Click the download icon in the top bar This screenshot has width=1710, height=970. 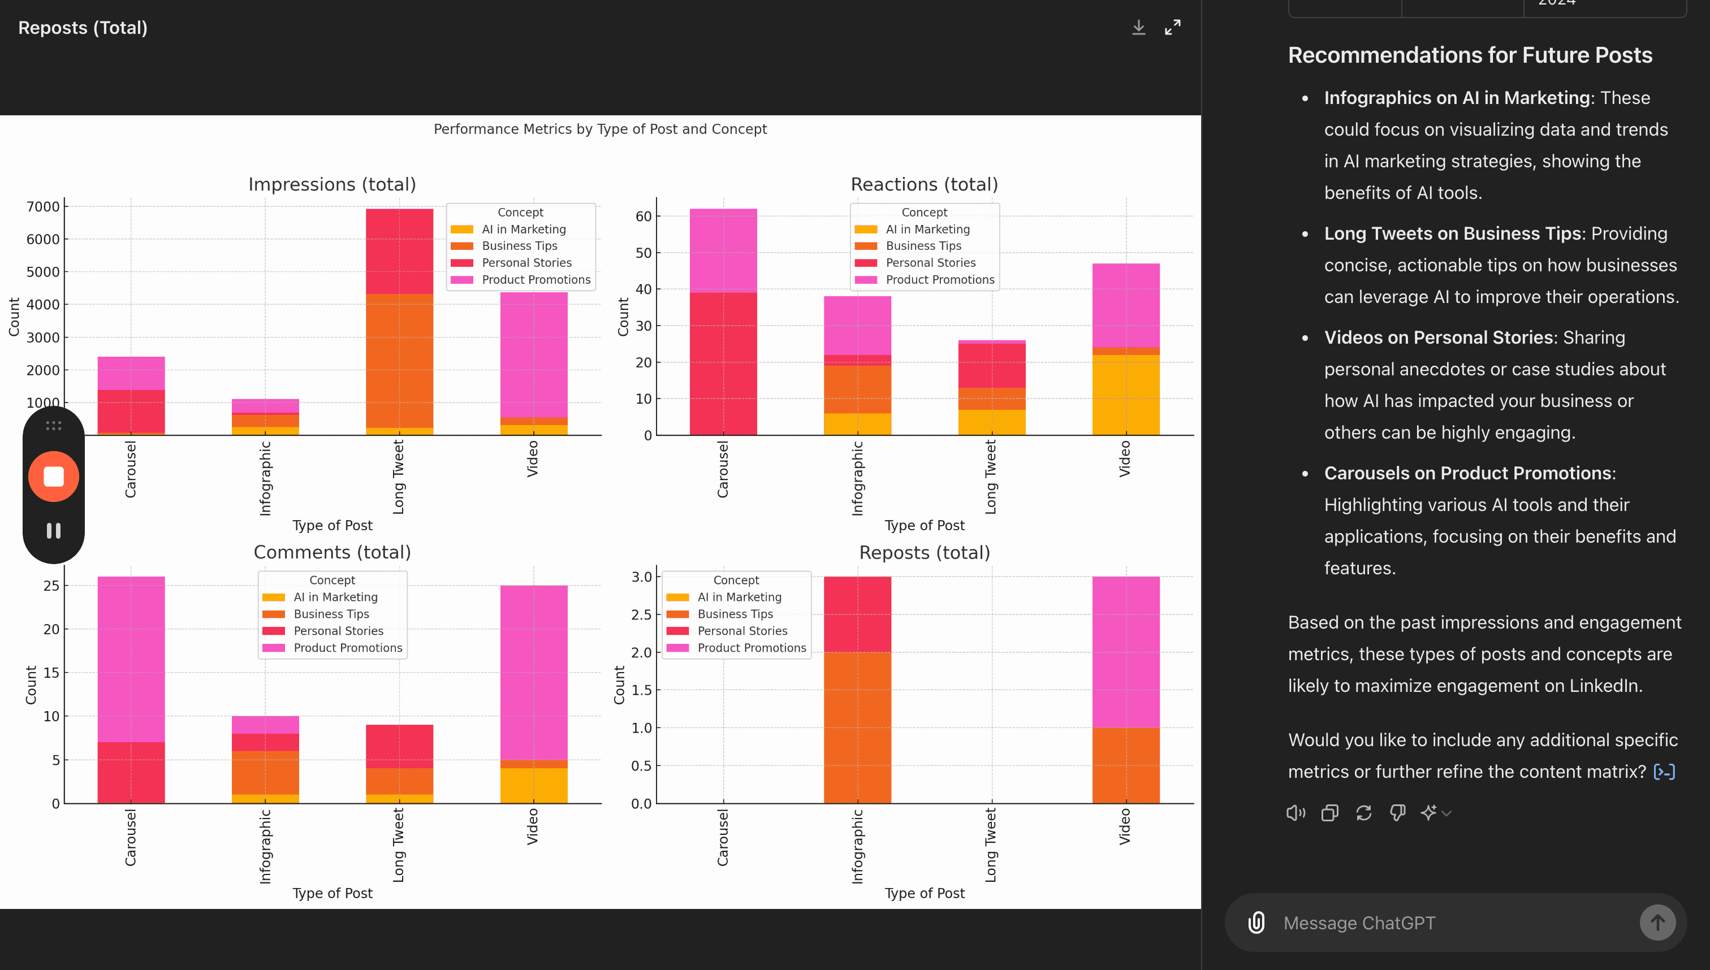click(x=1138, y=27)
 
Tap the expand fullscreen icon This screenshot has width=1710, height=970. click(x=1172, y=27)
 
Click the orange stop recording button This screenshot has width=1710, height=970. click(x=53, y=477)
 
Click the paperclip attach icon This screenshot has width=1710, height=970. click(x=1256, y=923)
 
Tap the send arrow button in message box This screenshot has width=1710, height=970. click(x=1657, y=923)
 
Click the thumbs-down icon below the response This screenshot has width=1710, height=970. click(x=1397, y=812)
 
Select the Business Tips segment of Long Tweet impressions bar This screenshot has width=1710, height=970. click(x=399, y=361)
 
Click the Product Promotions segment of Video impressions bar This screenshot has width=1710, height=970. click(x=534, y=355)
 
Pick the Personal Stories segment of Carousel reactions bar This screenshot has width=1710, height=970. click(x=723, y=364)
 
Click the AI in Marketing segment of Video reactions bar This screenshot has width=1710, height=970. click(x=1125, y=395)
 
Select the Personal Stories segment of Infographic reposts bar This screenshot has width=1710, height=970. click(x=857, y=614)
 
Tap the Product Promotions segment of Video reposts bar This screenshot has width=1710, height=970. click(x=1125, y=652)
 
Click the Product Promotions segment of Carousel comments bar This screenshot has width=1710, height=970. click(x=131, y=660)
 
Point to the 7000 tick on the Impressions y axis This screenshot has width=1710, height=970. click(x=44, y=206)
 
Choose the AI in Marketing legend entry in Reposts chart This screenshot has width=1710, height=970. click(x=724, y=597)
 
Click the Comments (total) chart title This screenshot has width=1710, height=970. click(x=332, y=552)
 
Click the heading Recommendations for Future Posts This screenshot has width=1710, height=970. click(x=1470, y=55)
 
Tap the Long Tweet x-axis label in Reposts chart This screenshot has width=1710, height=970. click(x=990, y=845)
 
